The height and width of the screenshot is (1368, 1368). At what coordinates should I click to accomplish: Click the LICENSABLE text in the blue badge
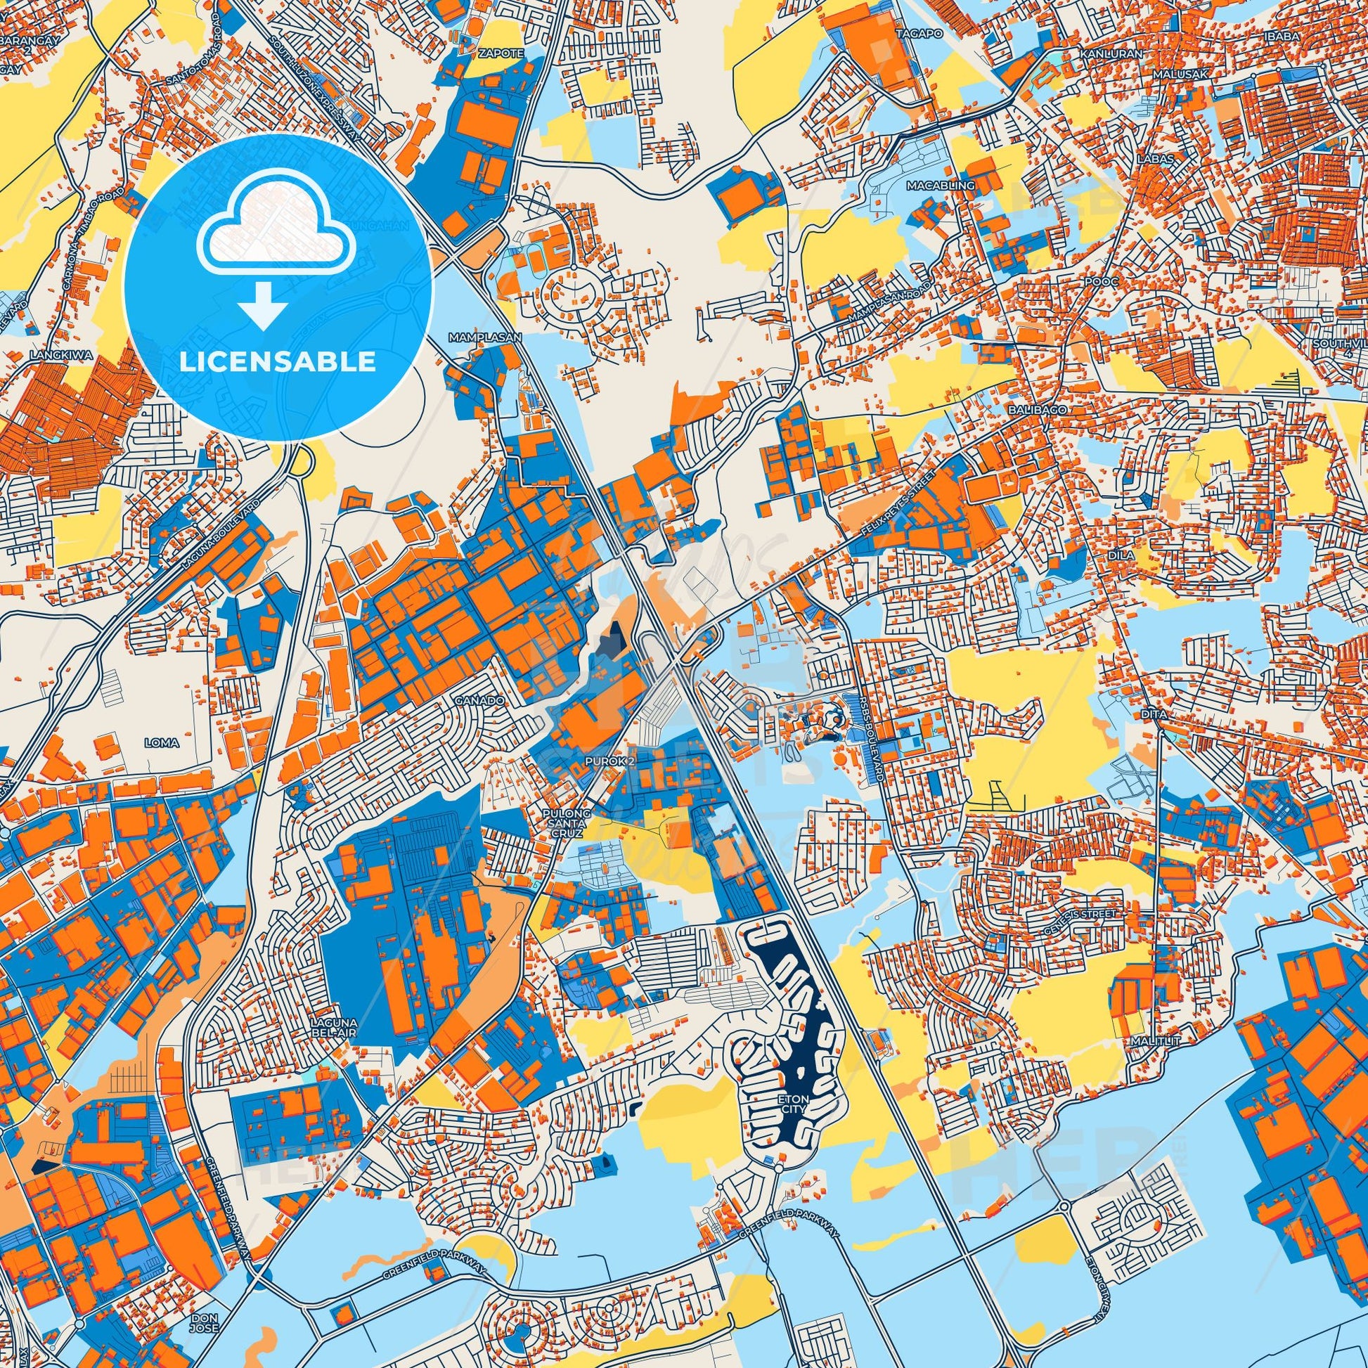coord(277,362)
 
